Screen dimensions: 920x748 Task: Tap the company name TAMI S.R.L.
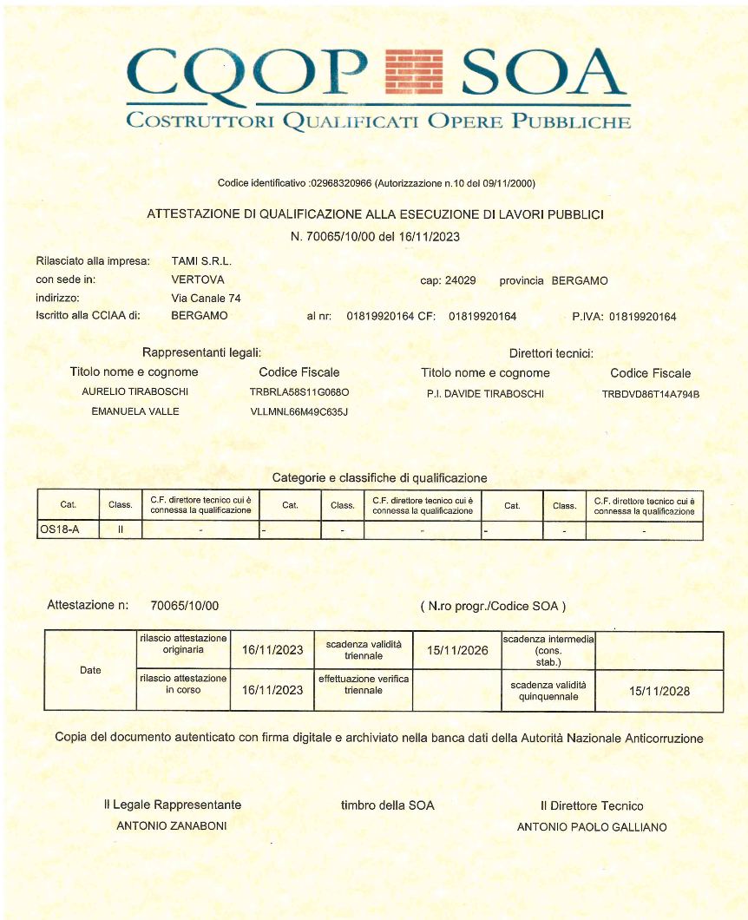pos(201,260)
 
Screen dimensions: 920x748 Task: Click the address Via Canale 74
pos(207,298)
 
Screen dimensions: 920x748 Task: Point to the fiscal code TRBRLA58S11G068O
pos(299,392)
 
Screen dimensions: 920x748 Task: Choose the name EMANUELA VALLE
pos(135,411)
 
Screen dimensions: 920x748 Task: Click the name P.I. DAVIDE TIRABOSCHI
pos(485,393)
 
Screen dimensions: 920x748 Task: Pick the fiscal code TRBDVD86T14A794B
pos(651,394)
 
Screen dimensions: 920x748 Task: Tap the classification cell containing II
pos(121,529)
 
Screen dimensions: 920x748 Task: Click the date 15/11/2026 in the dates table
pos(458,650)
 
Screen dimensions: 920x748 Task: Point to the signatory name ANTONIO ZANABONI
pos(172,826)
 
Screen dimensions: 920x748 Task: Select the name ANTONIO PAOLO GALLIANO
pos(592,827)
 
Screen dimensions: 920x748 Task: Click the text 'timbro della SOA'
pos(387,805)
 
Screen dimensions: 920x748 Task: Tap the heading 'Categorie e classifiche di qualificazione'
pos(379,477)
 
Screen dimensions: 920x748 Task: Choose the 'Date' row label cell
pos(90,671)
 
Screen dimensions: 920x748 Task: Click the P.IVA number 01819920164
pos(642,317)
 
